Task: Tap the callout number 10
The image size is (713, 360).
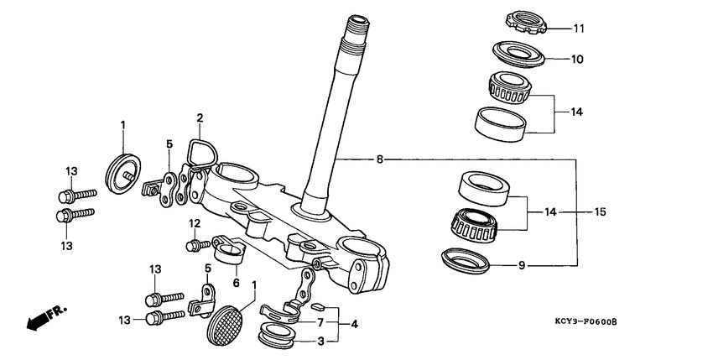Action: click(578, 60)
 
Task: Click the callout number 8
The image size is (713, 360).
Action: click(380, 158)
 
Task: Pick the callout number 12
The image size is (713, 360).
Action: click(194, 224)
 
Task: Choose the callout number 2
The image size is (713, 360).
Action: click(200, 117)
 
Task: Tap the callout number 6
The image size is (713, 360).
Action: click(236, 283)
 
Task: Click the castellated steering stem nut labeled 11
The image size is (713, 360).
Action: click(526, 22)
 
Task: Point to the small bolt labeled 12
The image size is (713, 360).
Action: click(197, 245)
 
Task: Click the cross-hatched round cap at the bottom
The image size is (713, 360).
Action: click(224, 322)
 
